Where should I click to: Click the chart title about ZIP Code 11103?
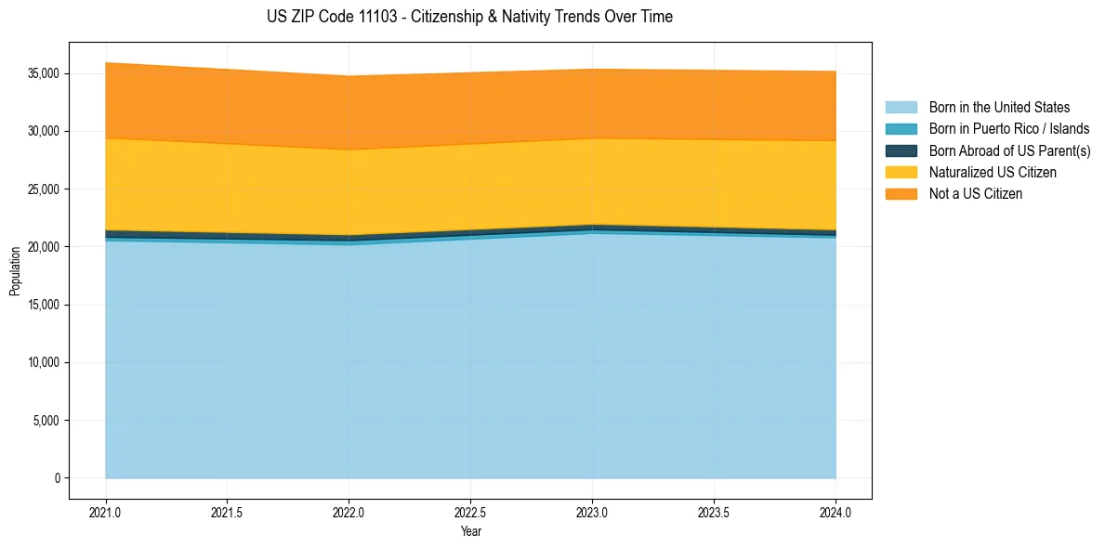pos(469,17)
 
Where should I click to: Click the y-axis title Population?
pos(15,270)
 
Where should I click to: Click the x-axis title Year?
pos(470,531)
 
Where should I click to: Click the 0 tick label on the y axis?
pos(57,478)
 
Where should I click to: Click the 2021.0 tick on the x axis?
pos(106,512)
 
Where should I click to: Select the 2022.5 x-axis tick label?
pos(470,512)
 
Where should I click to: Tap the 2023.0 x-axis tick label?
pos(592,512)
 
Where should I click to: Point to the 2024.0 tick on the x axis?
pos(835,512)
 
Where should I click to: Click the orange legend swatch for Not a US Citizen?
pos(901,194)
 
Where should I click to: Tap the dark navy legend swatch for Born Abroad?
pos(901,150)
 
